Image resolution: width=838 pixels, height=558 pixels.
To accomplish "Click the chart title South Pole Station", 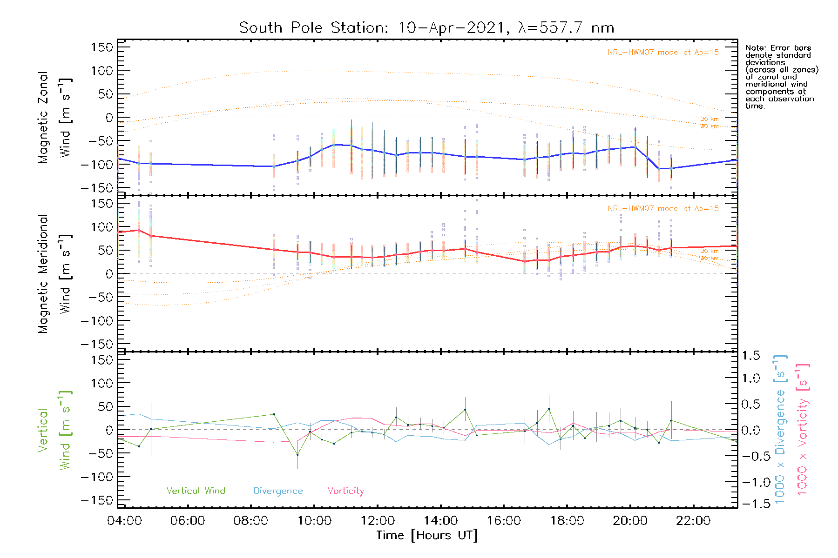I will (426, 28).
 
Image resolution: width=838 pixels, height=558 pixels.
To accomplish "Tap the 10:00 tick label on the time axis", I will (314, 521).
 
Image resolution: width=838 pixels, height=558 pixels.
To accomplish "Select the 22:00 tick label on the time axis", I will (693, 521).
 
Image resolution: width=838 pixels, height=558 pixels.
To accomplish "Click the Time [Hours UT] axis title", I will (427, 535).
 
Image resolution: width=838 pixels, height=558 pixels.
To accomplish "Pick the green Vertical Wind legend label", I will (196, 491).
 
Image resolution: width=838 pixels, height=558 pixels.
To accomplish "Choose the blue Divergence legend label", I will (278, 491).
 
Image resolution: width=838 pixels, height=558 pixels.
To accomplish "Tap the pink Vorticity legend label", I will (345, 491).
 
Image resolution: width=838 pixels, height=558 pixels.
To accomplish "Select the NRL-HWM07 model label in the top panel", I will (663, 53).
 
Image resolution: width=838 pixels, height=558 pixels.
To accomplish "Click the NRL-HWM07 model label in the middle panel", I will (663, 209).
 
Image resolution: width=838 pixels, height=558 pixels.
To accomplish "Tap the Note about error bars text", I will (782, 77).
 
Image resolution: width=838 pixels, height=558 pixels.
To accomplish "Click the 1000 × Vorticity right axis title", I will (803, 430).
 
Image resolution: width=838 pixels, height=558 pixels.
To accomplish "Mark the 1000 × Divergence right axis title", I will (780, 430).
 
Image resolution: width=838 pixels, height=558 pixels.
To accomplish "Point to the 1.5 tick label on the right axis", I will (750, 356).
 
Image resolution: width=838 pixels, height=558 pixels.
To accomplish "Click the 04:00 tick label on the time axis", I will (124, 521).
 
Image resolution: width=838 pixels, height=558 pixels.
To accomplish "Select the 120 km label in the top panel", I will (708, 119).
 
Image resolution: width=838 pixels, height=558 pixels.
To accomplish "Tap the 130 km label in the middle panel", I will (708, 258).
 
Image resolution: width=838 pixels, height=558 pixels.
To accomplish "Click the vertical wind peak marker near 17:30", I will (549, 409).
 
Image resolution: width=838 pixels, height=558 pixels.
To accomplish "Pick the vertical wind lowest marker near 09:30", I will (297, 454).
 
